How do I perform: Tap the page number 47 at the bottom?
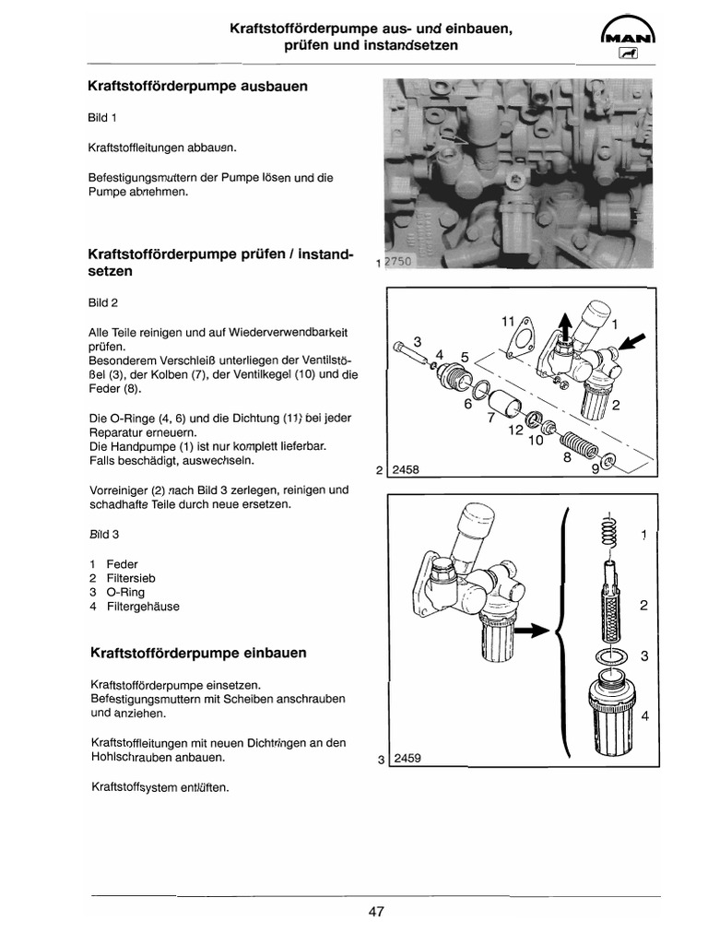(x=375, y=912)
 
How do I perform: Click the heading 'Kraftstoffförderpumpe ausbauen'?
(x=196, y=87)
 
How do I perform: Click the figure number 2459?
(x=407, y=760)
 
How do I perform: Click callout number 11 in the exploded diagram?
(x=506, y=321)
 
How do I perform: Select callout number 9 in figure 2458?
(x=595, y=467)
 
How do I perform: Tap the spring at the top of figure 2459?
(x=608, y=532)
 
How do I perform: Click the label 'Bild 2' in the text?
(x=103, y=302)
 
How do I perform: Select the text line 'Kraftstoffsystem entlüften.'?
(x=159, y=788)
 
